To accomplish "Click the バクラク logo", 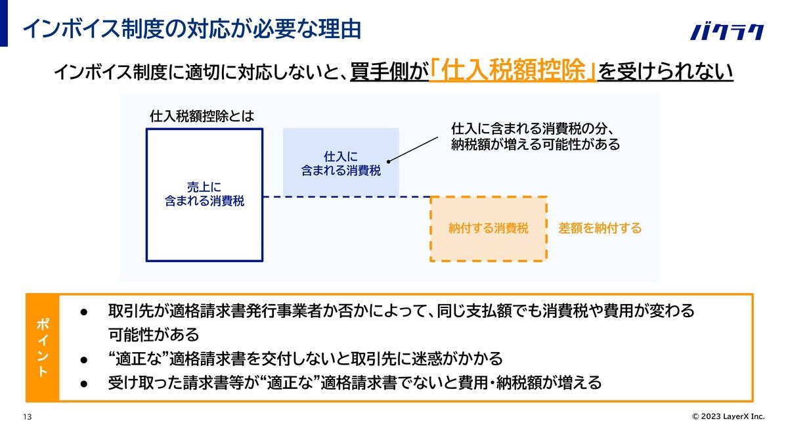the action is [727, 32].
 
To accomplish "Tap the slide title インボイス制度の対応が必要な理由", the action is [192, 29].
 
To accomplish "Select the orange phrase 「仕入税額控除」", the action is [513, 71].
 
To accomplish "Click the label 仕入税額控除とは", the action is [202, 116].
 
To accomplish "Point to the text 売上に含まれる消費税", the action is [204, 194].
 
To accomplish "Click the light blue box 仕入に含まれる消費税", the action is [341, 162].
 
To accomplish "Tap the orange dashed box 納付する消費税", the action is [489, 229].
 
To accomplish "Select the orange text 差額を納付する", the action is [600, 229].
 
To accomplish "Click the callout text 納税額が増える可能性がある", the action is [535, 144].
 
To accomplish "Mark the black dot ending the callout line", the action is [388, 162].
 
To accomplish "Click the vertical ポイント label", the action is [42, 347].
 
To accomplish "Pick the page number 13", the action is [28, 417].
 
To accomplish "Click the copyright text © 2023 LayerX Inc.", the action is [728, 416].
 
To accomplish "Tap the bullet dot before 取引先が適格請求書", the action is [84, 312].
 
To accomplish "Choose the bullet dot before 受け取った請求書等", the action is [84, 384].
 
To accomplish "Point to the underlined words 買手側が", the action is [389, 72].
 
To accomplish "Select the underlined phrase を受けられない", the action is [666, 72].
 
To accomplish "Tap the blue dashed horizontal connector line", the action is [347, 197].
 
